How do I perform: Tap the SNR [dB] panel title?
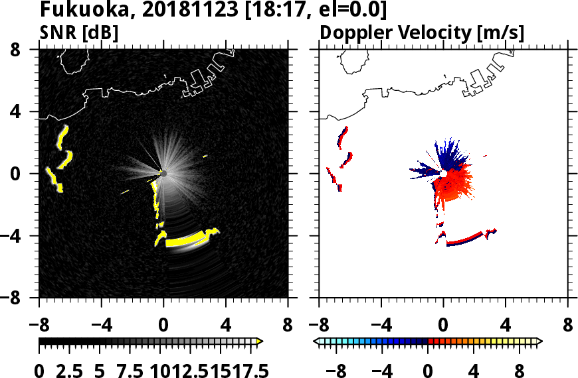79,32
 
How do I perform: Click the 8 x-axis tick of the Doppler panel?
567,326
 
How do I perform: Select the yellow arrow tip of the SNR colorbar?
260,341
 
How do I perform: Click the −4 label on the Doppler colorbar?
381,371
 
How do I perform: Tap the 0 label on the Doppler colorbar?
429,371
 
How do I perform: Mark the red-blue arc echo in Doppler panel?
465,239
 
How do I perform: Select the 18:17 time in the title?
278,10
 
